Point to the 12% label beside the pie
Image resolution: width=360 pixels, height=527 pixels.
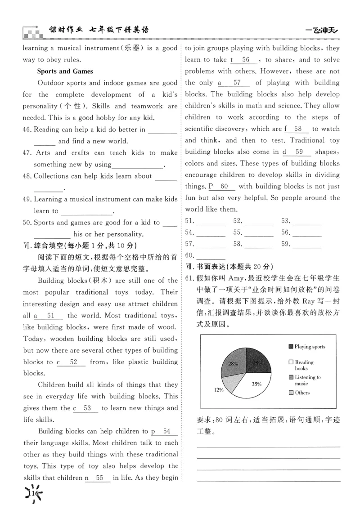[x=219, y=390]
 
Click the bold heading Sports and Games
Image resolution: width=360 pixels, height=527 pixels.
[x=65, y=71]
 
